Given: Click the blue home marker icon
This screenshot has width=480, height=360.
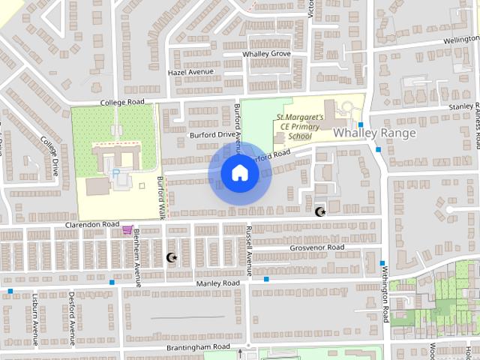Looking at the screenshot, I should [240, 173].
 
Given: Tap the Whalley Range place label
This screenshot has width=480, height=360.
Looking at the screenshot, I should [374, 133].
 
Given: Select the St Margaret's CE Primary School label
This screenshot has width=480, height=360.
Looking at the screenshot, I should [300, 127].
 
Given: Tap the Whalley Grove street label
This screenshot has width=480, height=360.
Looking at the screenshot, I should [266, 54].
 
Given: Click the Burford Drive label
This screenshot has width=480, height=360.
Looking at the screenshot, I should [212, 134].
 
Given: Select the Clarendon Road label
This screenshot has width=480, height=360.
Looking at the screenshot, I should [92, 224].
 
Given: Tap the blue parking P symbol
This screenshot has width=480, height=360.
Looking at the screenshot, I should [115, 173].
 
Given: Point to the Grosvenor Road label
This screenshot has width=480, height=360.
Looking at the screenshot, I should [316, 247].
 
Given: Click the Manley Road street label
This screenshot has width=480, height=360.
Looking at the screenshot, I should [217, 283].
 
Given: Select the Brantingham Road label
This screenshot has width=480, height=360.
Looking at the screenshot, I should [198, 347].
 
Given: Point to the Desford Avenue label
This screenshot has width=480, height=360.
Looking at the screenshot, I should [72, 318].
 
